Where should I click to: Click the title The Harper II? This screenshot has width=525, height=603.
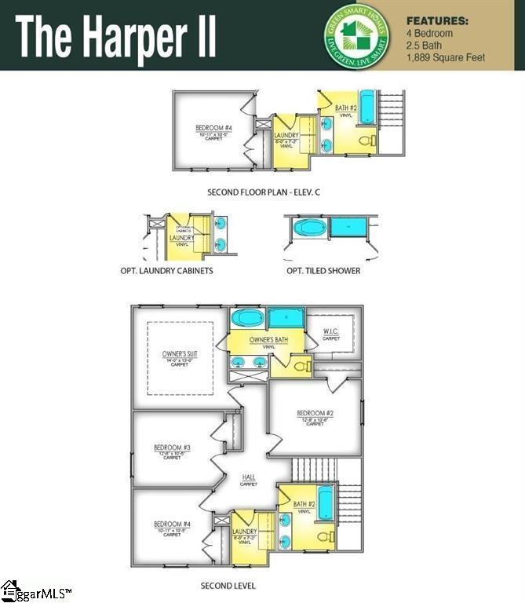115,35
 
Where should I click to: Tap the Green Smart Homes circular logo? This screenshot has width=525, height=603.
356,35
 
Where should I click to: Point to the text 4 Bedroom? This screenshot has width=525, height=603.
430,34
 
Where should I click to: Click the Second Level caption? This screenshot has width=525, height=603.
228,586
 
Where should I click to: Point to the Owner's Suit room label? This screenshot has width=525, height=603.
180,354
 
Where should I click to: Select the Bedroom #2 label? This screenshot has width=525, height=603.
315,414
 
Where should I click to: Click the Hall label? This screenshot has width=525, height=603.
249,477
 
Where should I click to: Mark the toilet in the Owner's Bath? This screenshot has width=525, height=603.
301,367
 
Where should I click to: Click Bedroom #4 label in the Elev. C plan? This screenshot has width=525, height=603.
214,128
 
